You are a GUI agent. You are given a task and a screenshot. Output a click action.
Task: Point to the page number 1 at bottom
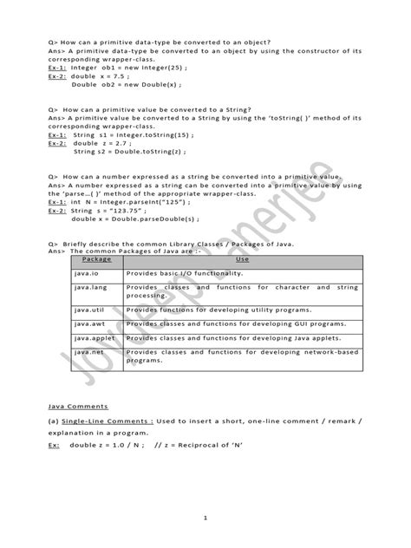tap(205, 518)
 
